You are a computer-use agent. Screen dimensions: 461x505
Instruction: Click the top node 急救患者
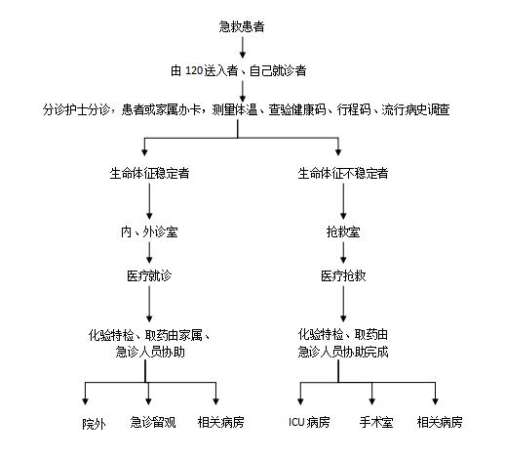click(245, 23)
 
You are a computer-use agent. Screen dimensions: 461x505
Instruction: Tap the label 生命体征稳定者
click(149, 174)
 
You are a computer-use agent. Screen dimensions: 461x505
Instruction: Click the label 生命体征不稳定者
click(342, 174)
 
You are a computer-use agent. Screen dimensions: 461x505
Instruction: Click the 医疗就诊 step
click(149, 276)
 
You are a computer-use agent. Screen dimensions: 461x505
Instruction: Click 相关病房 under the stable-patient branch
click(220, 422)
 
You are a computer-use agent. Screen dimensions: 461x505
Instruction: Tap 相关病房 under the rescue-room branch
click(438, 422)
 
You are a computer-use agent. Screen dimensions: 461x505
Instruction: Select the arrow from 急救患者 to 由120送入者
click(244, 45)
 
